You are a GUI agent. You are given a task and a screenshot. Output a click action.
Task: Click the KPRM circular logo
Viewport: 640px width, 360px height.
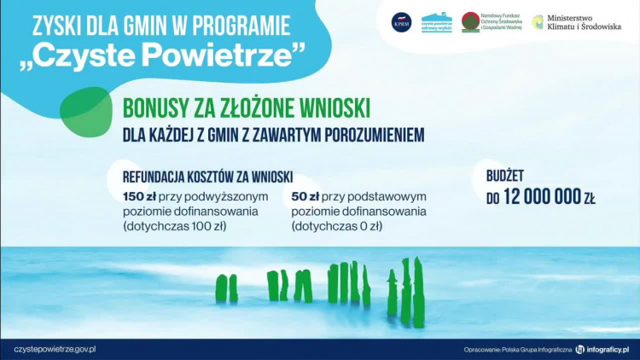point(401,22)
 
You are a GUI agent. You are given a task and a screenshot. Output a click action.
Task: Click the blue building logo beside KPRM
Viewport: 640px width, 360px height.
point(437,22)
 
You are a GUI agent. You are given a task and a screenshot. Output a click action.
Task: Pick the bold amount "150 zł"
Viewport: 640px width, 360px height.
point(139,197)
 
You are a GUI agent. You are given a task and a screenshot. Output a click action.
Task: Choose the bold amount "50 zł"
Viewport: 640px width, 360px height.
point(305,197)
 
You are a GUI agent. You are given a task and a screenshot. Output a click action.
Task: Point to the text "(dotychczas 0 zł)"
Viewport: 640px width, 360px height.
point(336,226)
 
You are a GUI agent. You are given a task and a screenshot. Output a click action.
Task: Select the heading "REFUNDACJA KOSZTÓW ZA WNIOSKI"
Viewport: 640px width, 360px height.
point(207,177)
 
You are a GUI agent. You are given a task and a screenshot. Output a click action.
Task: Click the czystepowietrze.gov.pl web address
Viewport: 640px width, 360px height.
point(54,349)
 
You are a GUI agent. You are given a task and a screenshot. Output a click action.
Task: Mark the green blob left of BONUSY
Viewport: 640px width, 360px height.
point(85,111)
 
